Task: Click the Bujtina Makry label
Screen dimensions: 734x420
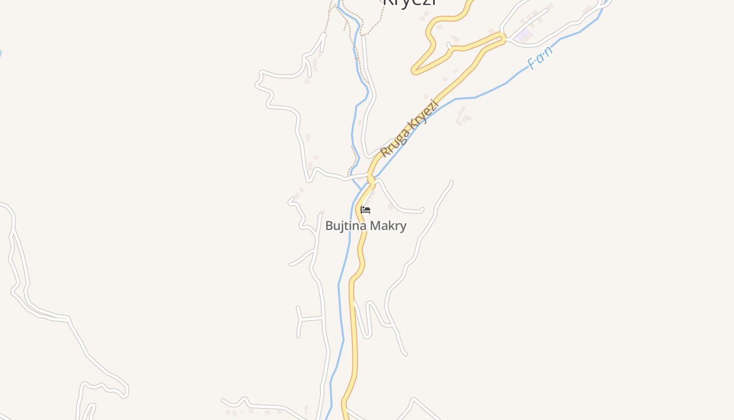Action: (x=365, y=226)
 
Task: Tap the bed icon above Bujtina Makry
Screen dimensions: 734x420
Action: (x=365, y=210)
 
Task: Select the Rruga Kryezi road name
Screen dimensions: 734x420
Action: (x=409, y=129)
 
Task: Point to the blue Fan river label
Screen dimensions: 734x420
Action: (x=540, y=58)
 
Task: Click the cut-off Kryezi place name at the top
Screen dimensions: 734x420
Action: (x=409, y=3)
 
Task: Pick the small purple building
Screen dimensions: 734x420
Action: (x=523, y=36)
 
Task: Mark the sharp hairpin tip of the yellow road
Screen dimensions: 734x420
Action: (x=414, y=71)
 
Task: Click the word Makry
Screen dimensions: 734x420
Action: (x=388, y=226)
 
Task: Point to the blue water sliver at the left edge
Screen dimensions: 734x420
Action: (x=1, y=53)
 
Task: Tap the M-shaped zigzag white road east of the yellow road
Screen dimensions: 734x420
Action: (x=370, y=318)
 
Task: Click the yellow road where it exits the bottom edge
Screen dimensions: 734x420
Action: (x=346, y=417)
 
